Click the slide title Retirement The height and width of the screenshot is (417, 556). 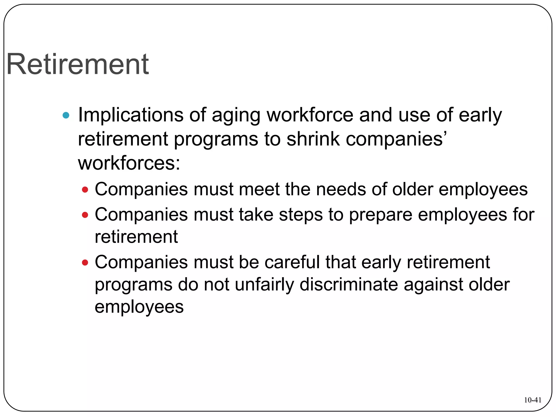coord(78,64)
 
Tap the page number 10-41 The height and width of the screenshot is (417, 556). coord(532,400)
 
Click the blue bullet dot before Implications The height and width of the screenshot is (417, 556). coord(66,115)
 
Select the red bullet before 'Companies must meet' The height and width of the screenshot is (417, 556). coord(85,189)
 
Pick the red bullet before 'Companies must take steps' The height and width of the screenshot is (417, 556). coord(85,215)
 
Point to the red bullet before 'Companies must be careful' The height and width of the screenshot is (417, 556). coord(85,263)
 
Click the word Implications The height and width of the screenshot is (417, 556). coord(131,115)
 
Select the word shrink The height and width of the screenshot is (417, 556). coord(313,139)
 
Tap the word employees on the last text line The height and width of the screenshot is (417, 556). coord(139,307)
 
